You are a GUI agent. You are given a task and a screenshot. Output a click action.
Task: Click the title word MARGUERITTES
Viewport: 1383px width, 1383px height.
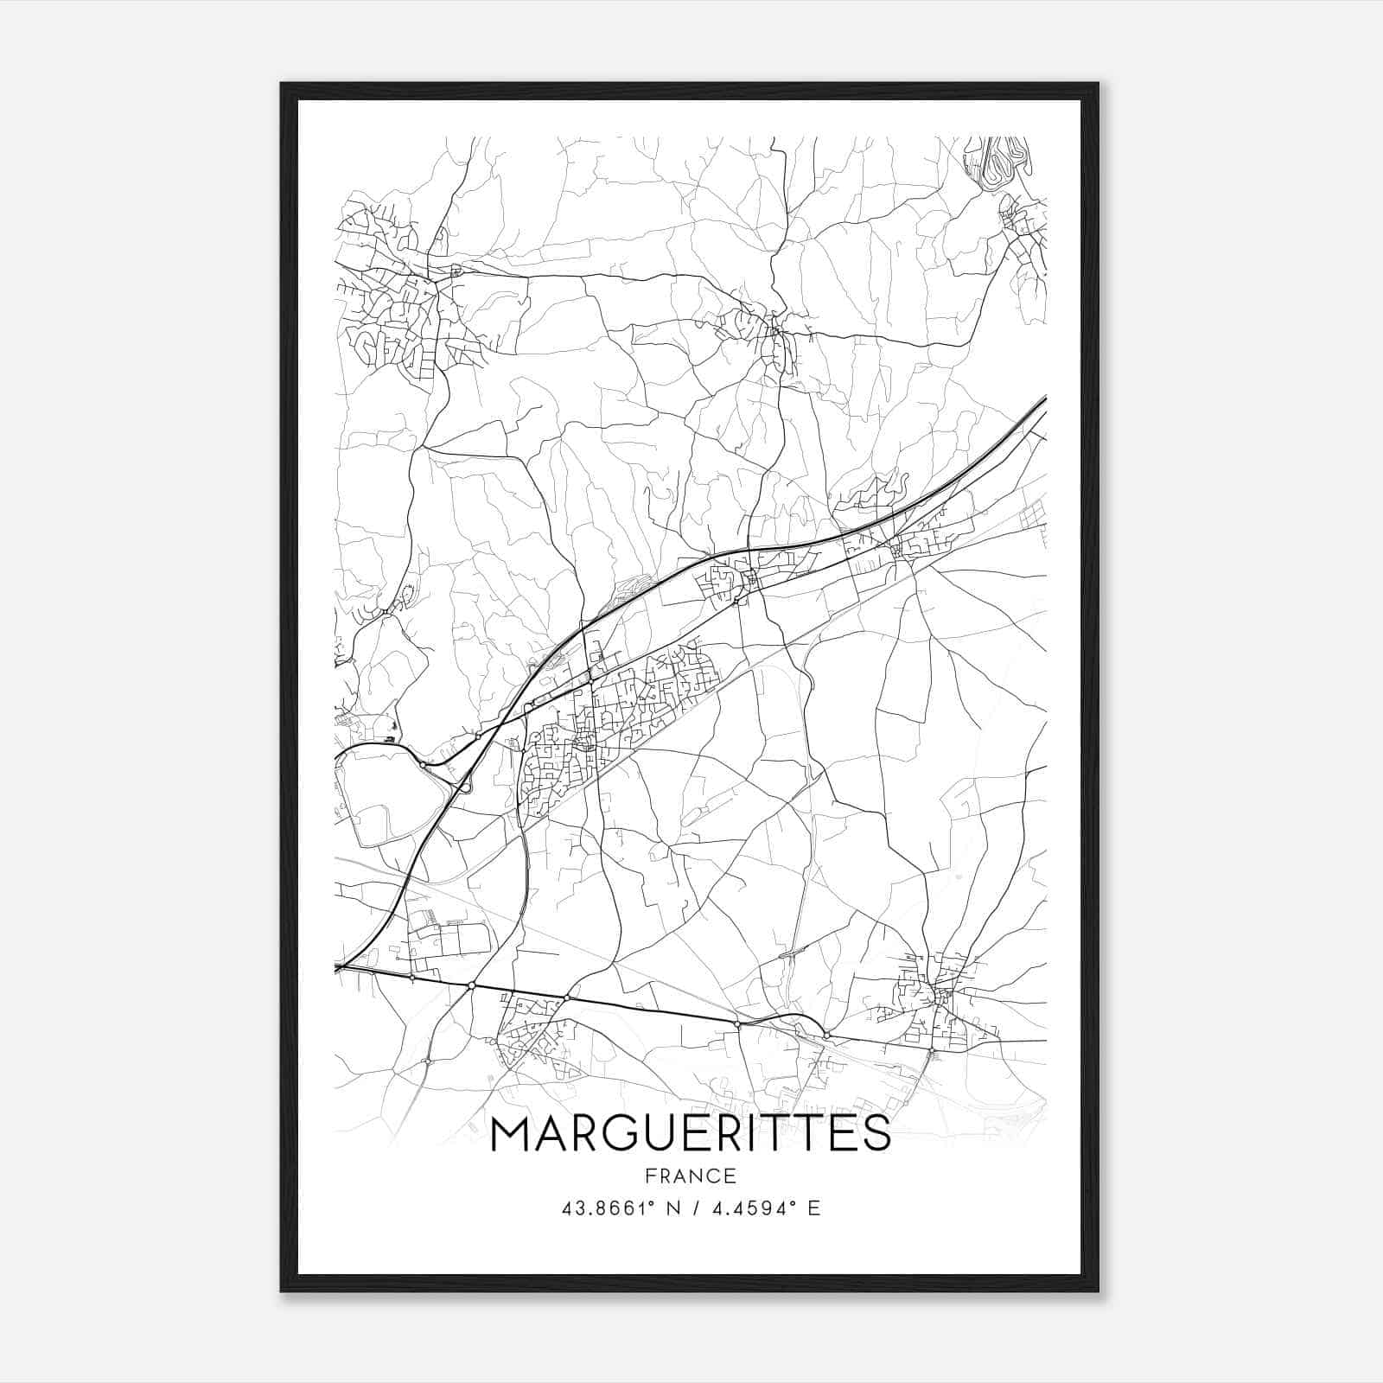click(690, 1134)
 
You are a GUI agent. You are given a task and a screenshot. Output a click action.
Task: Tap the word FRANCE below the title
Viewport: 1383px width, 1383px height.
click(690, 1176)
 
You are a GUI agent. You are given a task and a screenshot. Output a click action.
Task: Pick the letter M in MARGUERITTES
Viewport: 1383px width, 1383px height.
click(511, 1134)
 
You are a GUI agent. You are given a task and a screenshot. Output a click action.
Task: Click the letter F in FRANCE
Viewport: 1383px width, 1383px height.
click(650, 1176)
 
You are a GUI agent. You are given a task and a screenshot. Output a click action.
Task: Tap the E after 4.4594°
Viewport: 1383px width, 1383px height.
click(813, 1208)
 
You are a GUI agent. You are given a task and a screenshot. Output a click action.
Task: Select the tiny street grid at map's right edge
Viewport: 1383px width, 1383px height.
click(1034, 516)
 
